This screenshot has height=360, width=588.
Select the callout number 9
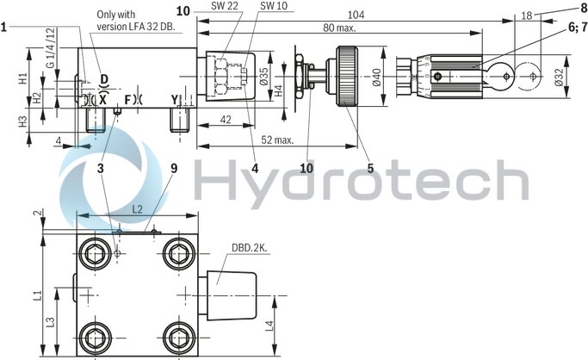(x=174, y=169)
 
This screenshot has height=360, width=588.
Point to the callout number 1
(x=5, y=27)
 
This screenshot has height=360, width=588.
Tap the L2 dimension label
(x=139, y=209)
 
